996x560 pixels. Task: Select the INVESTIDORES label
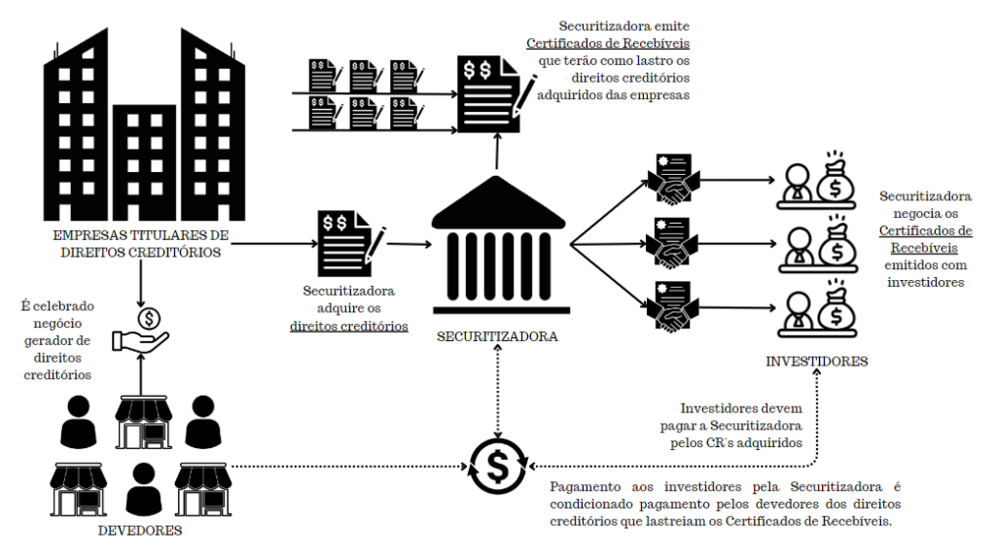[817, 363]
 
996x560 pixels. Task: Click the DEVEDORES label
[141, 532]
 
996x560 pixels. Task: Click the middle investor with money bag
[817, 248]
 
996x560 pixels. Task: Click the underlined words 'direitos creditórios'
[348, 326]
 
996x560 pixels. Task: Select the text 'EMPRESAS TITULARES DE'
[141, 236]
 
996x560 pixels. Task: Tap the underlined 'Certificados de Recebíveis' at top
[608, 45]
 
